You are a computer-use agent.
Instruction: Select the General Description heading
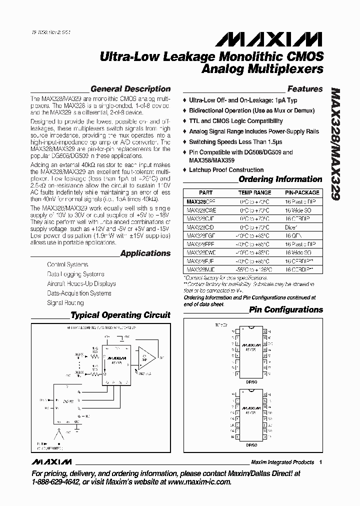(130, 89)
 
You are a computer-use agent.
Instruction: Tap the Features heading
(305, 89)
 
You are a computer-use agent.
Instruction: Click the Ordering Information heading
(280, 179)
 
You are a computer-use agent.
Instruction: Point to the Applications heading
(145, 253)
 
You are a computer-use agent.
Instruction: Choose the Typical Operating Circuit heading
(120, 315)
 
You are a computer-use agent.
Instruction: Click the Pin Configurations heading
(286, 309)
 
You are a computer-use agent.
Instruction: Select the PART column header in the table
(205, 192)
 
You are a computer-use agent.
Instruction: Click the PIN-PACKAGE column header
(301, 192)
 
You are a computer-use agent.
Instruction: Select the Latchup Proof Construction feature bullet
(226, 170)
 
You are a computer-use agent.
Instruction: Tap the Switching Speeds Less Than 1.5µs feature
(230, 142)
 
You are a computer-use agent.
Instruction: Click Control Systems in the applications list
(67, 264)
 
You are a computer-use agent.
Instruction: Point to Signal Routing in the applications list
(65, 302)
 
